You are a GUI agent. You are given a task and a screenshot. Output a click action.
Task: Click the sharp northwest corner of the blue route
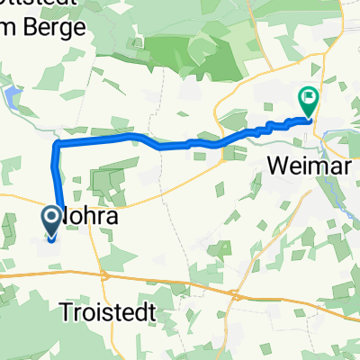tap(57, 144)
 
